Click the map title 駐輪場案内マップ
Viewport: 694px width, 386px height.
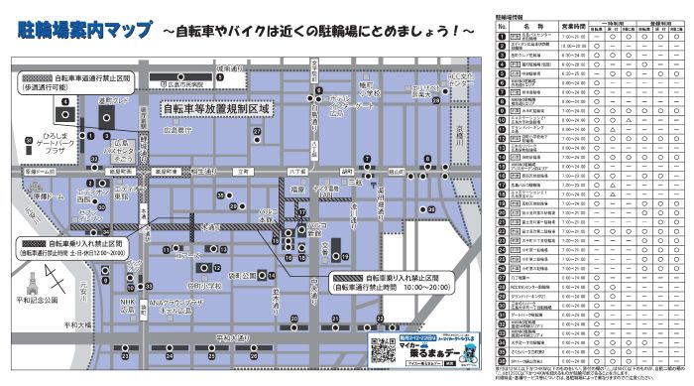tap(85, 31)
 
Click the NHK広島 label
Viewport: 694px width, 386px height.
tap(127, 306)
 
